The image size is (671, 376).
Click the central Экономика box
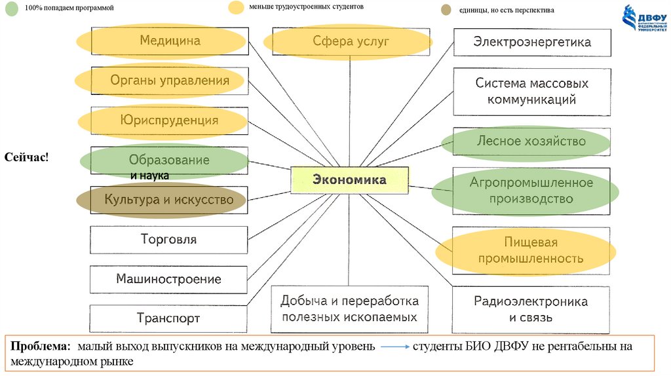point(349,179)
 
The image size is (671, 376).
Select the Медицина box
point(169,41)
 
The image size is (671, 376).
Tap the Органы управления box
point(169,81)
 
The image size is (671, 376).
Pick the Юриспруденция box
point(169,121)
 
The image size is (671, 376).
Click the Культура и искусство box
point(169,200)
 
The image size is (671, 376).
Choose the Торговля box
point(168,240)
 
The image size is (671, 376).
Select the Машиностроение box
point(168,279)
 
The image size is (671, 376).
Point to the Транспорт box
point(168,318)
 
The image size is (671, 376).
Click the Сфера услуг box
point(351,42)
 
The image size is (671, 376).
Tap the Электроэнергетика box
point(531,42)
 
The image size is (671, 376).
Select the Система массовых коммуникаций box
point(531,92)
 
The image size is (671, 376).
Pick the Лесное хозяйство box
point(531,141)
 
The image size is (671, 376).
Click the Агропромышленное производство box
point(531,191)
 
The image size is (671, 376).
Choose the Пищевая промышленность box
point(531,251)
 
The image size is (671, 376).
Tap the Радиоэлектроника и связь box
point(531,310)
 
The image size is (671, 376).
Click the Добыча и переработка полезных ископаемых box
point(349,309)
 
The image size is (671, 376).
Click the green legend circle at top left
point(10,10)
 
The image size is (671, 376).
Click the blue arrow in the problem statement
point(394,346)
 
